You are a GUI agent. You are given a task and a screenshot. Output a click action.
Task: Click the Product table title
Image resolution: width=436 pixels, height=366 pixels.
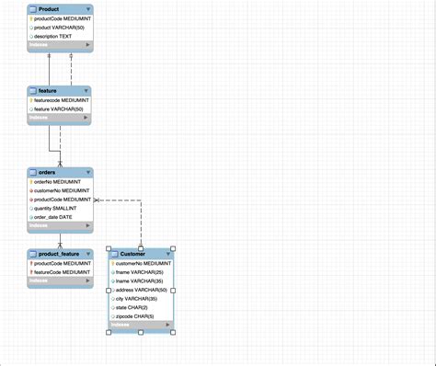click(x=49, y=9)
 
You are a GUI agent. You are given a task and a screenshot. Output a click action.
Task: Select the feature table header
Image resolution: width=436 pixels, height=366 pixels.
click(x=48, y=91)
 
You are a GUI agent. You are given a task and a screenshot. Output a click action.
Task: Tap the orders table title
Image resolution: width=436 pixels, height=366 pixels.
click(x=47, y=172)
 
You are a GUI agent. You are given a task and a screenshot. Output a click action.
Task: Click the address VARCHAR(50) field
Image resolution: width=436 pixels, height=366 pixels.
click(x=145, y=290)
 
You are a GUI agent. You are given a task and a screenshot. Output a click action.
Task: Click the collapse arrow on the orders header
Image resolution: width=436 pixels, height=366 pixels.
click(x=87, y=172)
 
